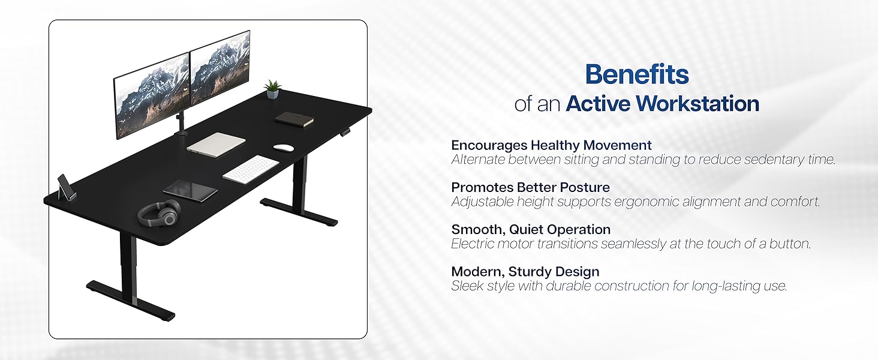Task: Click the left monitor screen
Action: (x=152, y=96)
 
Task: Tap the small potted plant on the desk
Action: (x=273, y=89)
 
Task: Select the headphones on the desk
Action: (x=159, y=213)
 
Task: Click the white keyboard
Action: (x=251, y=168)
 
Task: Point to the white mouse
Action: (x=283, y=147)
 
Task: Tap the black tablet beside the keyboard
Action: (x=190, y=191)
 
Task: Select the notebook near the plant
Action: (x=295, y=119)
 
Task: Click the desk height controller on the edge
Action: (x=347, y=130)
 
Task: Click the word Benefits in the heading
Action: (x=637, y=74)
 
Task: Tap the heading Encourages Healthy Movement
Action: (x=551, y=145)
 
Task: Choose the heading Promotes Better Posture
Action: (x=530, y=187)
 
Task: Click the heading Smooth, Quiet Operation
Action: (x=531, y=229)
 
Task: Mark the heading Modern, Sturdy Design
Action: (x=525, y=272)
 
